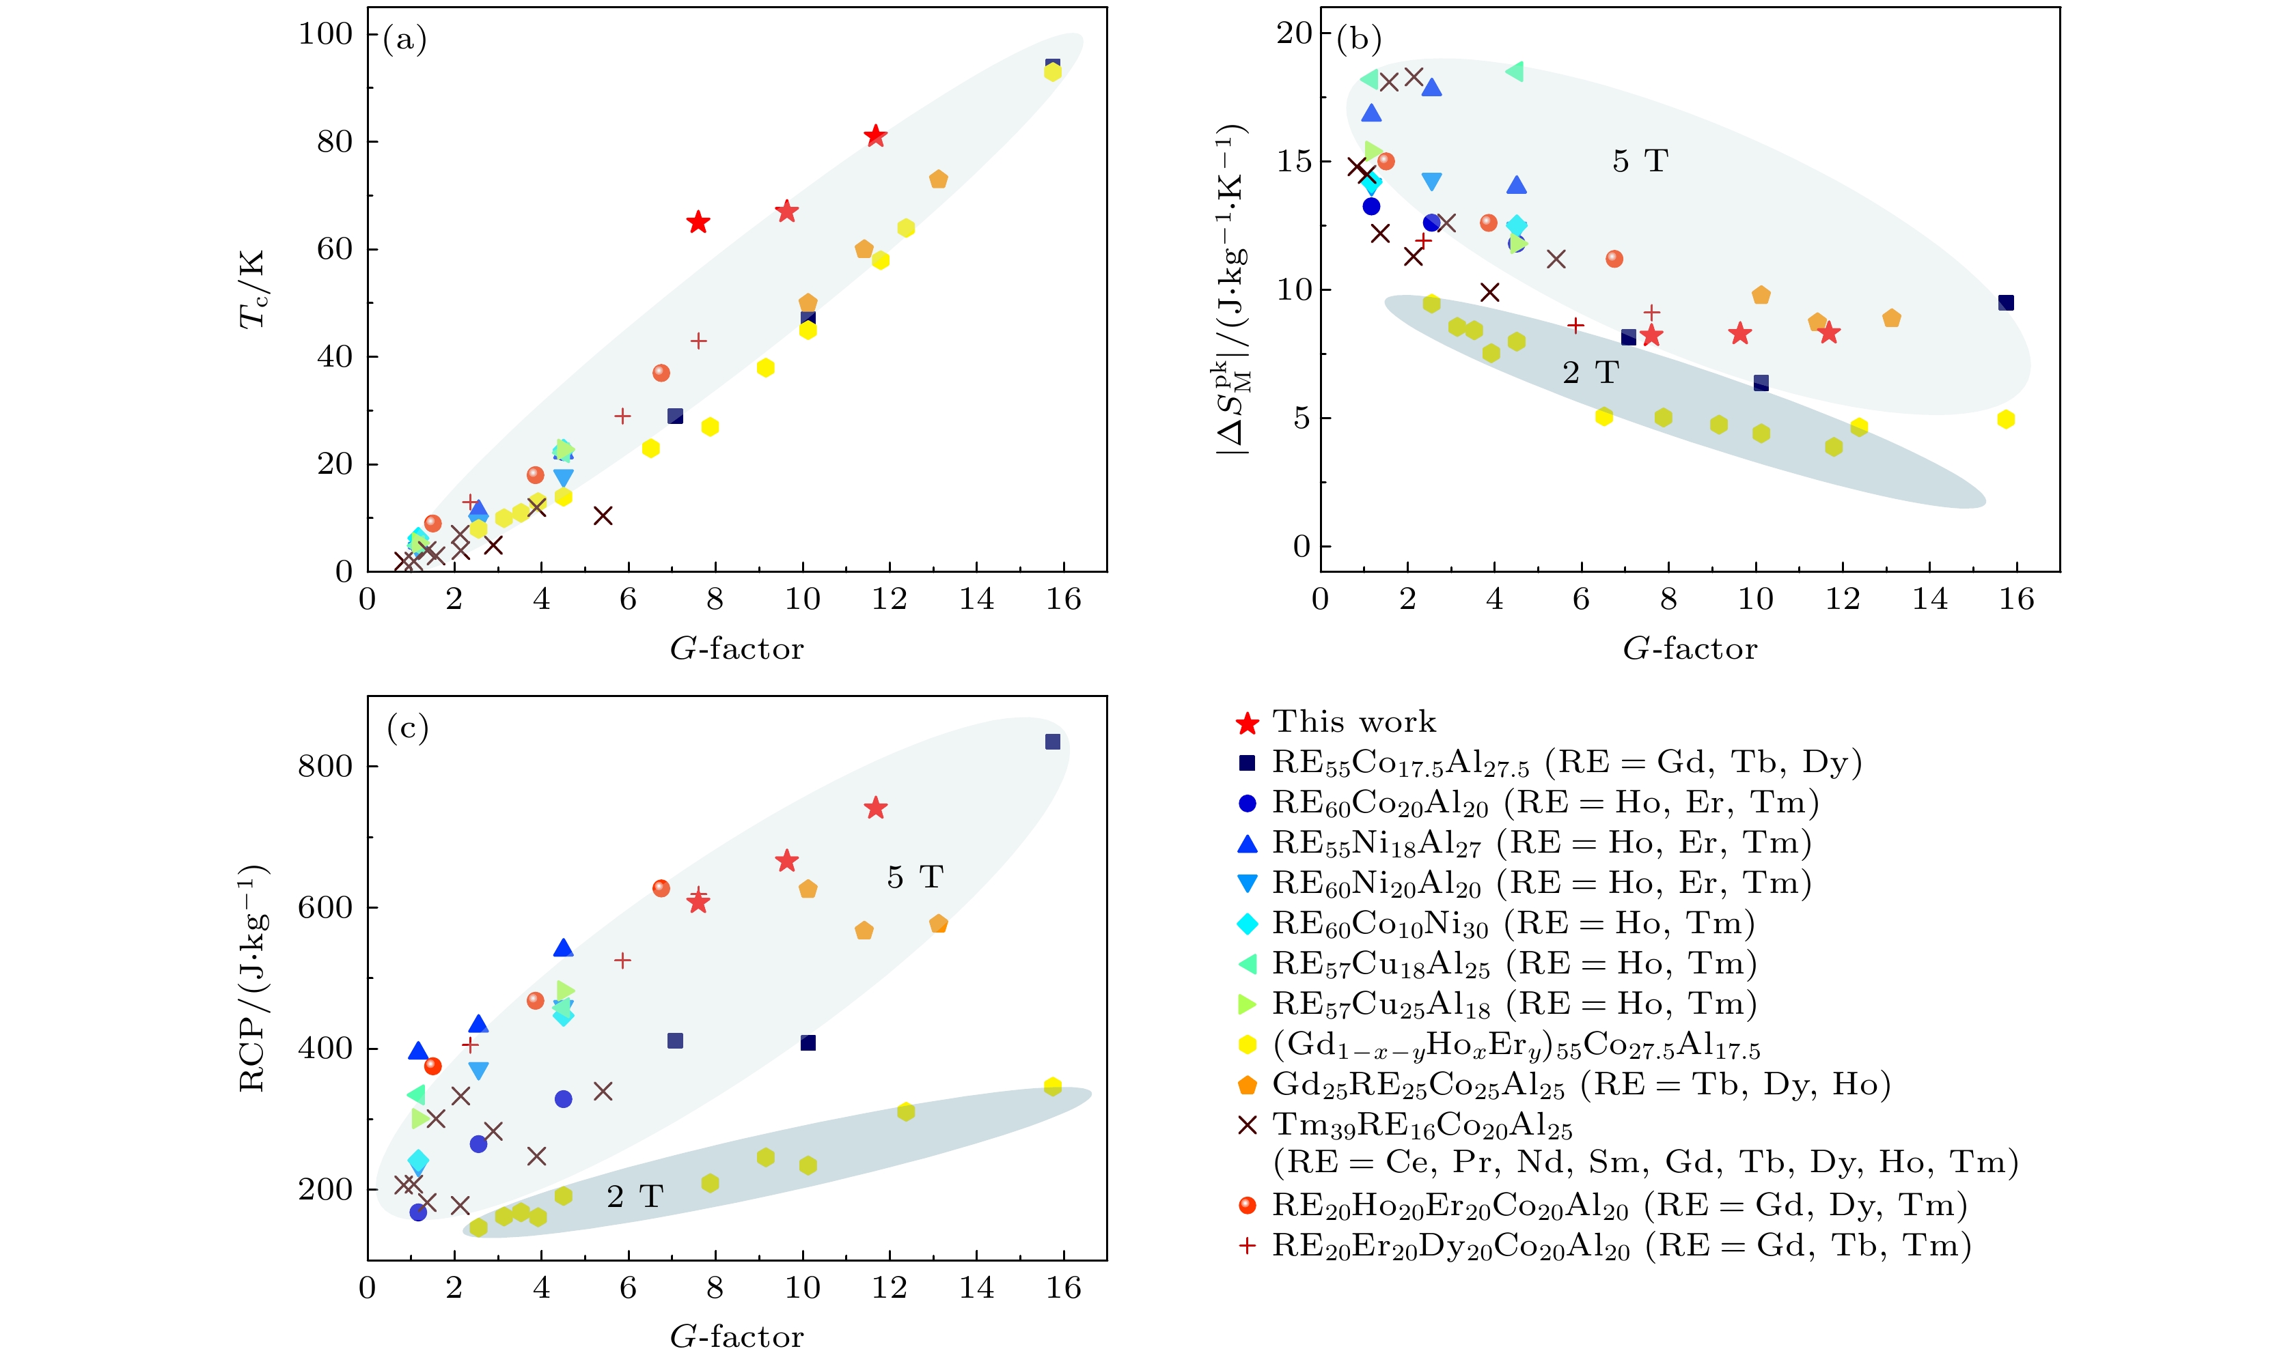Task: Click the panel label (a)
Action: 404,40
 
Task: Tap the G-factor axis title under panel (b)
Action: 1689,649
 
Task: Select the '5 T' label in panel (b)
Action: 1640,162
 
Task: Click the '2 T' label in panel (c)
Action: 635,1197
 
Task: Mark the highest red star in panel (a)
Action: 875,136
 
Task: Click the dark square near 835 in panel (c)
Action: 1053,742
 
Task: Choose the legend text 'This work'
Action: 1353,722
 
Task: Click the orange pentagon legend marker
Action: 1247,1085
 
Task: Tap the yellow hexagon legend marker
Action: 1247,1045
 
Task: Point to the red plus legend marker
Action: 1247,1247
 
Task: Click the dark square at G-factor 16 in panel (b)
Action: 2007,302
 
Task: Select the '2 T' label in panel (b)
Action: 1590,373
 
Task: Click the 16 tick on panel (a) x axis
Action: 1064,599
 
